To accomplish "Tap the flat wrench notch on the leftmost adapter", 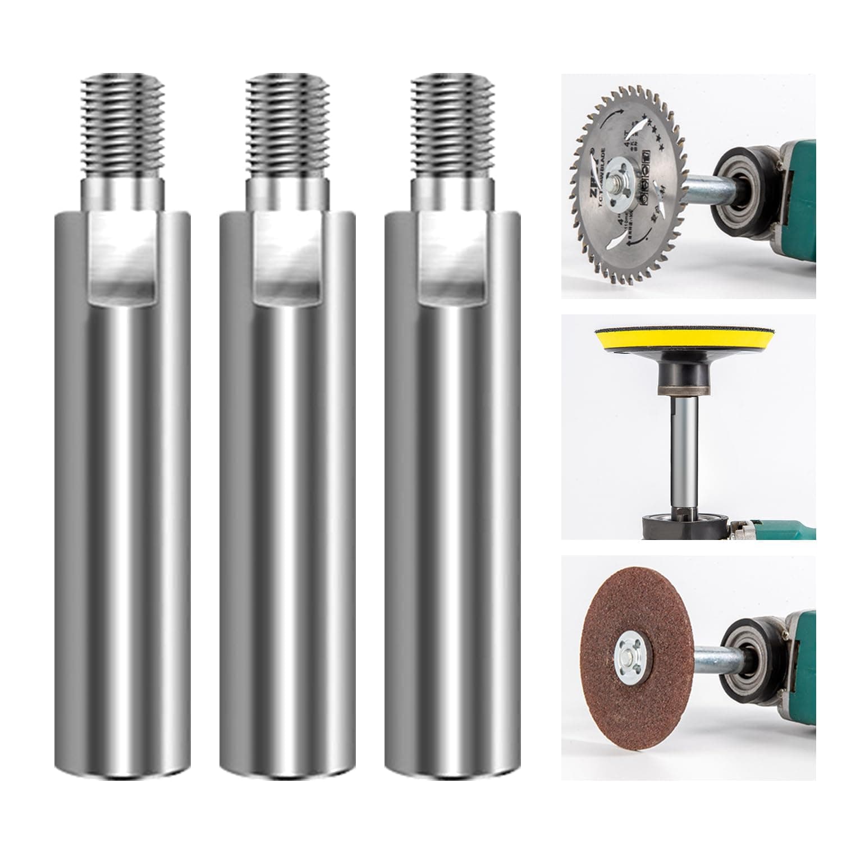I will pos(122,258).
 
